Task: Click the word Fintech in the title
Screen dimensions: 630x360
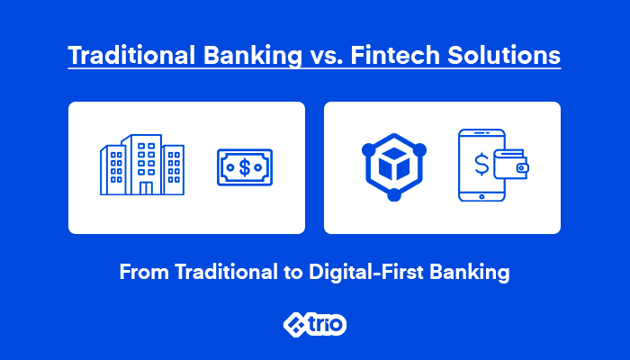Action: (x=395, y=55)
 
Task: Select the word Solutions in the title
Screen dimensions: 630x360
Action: (x=504, y=55)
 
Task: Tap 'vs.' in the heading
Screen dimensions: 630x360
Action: (x=327, y=57)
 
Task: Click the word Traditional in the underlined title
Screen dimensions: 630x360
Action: (x=131, y=55)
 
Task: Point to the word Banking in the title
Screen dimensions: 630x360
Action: (x=253, y=56)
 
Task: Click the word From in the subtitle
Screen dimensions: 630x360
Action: (x=144, y=272)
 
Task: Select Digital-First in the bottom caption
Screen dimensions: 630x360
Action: (x=365, y=273)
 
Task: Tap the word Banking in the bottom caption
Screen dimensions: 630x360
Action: (x=470, y=273)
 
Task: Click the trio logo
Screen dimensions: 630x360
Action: (x=315, y=324)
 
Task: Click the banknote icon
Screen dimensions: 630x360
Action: (x=245, y=167)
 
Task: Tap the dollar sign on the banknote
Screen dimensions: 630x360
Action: (x=245, y=167)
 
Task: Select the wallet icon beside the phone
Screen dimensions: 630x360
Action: (x=510, y=164)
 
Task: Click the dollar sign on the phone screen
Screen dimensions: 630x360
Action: (x=481, y=165)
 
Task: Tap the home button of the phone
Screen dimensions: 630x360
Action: (x=481, y=196)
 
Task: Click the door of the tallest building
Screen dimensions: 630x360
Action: (x=146, y=188)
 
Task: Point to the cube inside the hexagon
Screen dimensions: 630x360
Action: (x=394, y=164)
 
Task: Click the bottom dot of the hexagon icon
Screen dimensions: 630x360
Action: (x=394, y=195)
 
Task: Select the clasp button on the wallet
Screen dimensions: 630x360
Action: (x=521, y=168)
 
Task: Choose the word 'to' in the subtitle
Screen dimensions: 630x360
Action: (x=292, y=274)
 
